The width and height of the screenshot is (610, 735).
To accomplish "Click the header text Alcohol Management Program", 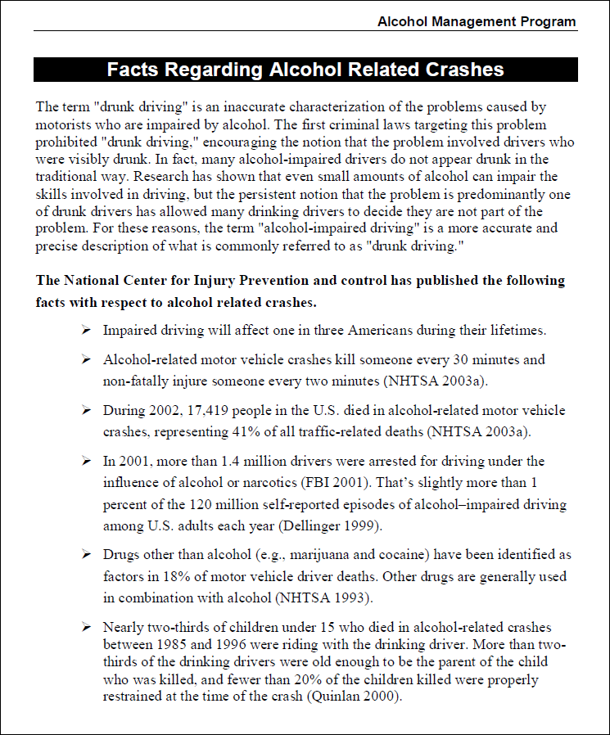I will click(x=477, y=22).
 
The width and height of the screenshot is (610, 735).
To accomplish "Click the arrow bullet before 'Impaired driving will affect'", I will click(x=85, y=331).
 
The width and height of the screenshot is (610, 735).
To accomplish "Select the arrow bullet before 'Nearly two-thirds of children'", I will click(x=85, y=628).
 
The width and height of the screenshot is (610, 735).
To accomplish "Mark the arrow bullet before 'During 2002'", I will click(x=85, y=410).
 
